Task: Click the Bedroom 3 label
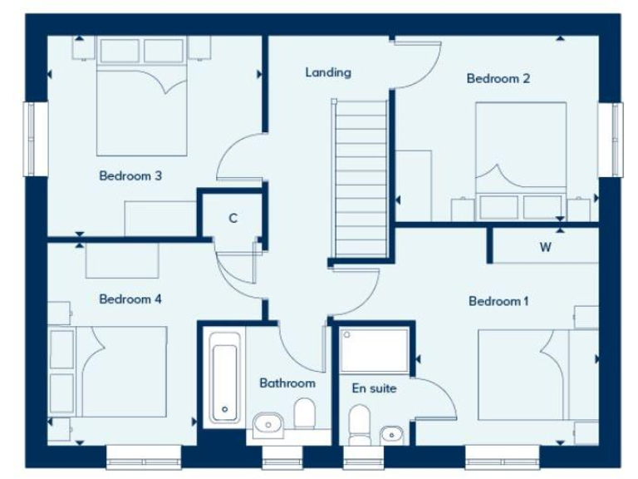click(x=130, y=176)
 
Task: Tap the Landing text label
click(x=327, y=72)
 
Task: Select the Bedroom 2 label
click(x=498, y=79)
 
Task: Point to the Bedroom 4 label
click(x=130, y=299)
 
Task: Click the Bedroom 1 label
click(x=498, y=301)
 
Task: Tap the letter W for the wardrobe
click(x=546, y=247)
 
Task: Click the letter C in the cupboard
click(x=233, y=219)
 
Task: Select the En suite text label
click(x=374, y=388)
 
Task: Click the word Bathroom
click(x=287, y=383)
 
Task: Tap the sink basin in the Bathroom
click(x=268, y=424)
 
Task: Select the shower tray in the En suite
click(x=375, y=350)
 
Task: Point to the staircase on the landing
click(x=361, y=179)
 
